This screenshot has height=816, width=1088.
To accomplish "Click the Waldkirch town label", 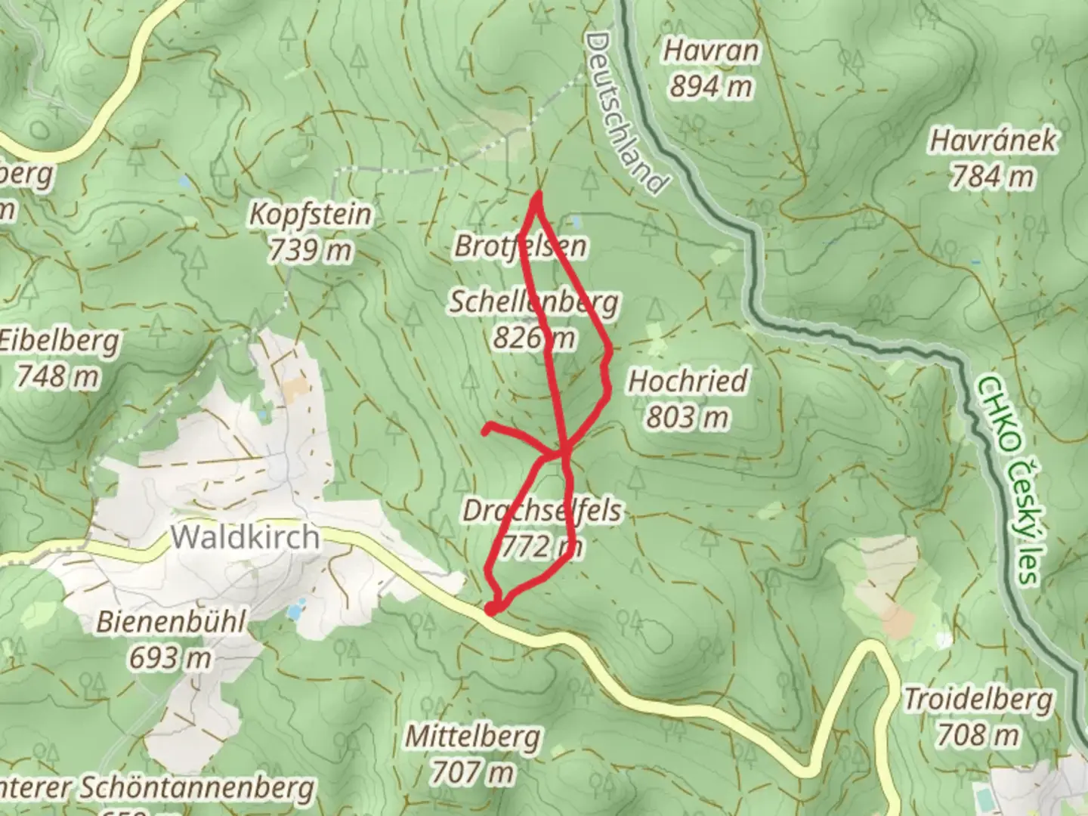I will (245, 537).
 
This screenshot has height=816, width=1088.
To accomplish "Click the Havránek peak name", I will (993, 141).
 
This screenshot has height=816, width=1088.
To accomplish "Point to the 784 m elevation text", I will (993, 177).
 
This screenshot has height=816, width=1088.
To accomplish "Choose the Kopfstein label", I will (311, 215).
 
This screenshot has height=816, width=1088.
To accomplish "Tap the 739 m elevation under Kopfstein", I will (311, 250).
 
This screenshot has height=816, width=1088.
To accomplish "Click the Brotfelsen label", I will (521, 246).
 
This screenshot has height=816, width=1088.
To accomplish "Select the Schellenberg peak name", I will (534, 302).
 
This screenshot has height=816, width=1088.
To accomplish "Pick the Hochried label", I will (688, 381).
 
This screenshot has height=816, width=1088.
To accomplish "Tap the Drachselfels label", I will (542, 511).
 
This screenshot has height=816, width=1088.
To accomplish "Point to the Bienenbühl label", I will (171, 622).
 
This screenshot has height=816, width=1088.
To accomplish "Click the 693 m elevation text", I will (171, 658).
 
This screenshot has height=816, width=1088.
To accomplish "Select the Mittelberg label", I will (473, 736).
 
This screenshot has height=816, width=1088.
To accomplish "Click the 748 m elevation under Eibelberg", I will (57, 376).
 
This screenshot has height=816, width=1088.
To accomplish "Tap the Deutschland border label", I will (627, 113).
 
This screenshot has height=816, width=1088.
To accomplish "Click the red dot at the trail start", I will (491, 609).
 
